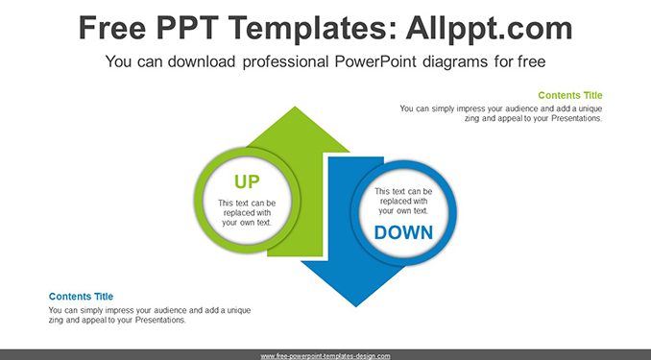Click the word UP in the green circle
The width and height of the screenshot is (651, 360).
(x=247, y=181)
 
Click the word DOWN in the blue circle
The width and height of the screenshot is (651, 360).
(x=403, y=232)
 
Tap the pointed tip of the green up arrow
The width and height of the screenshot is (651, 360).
(x=295, y=108)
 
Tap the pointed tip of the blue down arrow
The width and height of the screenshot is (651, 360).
(x=356, y=306)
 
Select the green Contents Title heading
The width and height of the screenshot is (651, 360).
(x=570, y=95)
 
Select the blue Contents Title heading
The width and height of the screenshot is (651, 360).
(x=81, y=297)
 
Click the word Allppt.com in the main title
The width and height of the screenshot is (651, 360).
(x=489, y=29)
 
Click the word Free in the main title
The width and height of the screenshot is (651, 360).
(x=112, y=28)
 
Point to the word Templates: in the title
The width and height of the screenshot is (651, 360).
(x=309, y=29)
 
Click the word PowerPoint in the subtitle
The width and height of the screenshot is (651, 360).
(x=375, y=61)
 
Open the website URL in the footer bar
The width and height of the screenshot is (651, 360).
(x=325, y=356)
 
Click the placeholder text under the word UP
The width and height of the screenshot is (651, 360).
(x=247, y=213)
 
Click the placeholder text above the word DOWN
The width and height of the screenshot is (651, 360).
(x=403, y=201)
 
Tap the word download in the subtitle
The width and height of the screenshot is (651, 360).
(x=202, y=61)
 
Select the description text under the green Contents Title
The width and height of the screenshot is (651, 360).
(x=501, y=113)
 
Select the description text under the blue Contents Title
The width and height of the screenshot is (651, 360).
(x=150, y=315)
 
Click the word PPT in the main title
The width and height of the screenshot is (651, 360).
(x=187, y=28)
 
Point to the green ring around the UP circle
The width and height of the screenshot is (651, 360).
(x=199, y=200)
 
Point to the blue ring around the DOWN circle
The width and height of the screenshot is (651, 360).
(x=451, y=213)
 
